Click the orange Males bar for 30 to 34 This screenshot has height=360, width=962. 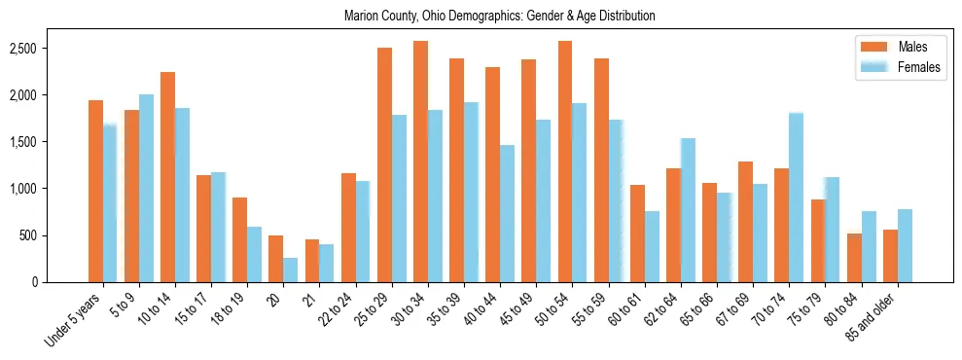pos(420,162)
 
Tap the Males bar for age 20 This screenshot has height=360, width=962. pos(276,259)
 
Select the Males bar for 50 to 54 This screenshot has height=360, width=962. pos(565,162)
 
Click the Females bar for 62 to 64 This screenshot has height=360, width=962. pos(688,210)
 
